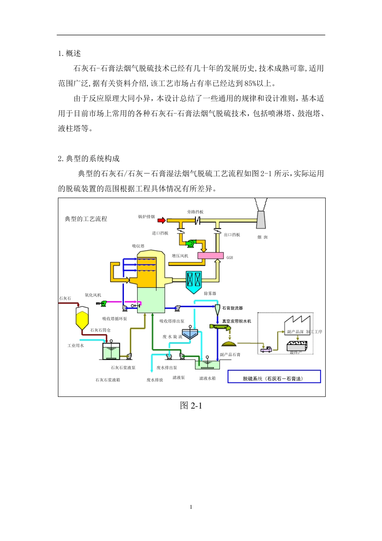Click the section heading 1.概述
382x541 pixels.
coord(70,54)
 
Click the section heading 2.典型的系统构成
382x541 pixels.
coord(89,159)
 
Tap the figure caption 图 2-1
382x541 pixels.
coord(191,406)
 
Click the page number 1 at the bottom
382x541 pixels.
coord(191,507)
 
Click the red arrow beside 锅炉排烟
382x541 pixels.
coord(161,220)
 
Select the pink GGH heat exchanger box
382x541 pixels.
coord(210,256)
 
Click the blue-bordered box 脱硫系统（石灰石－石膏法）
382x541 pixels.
coord(274,377)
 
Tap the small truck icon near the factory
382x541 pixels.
coord(266,349)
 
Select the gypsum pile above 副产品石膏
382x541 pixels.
coord(229,343)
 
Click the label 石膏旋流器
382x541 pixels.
coord(232,308)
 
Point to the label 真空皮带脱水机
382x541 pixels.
coord(236,321)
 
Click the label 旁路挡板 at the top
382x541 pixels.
coord(195,212)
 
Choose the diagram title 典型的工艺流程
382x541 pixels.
coord(86,219)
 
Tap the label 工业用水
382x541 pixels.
coord(76,346)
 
